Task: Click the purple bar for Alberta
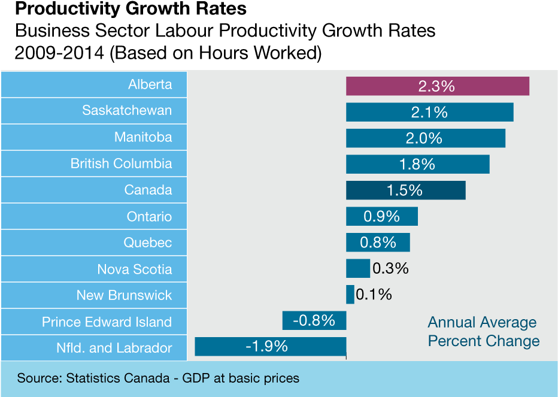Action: point(437,86)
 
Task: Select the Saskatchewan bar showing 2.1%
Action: point(429,112)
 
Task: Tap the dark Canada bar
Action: point(405,190)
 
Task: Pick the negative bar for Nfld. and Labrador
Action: point(270,347)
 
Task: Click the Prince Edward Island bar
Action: point(314,320)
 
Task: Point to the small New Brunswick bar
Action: point(350,295)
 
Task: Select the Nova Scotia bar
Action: point(357,268)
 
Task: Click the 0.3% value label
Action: point(390,268)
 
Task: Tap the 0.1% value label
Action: point(374,295)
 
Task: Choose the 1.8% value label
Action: point(417,164)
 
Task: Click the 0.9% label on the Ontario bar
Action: point(381,216)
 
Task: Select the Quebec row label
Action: point(147,243)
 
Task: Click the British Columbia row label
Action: point(121,163)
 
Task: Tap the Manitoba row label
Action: point(143,137)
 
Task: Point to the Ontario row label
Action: point(149,216)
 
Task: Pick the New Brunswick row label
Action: point(124,295)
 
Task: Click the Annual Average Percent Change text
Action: point(483,332)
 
